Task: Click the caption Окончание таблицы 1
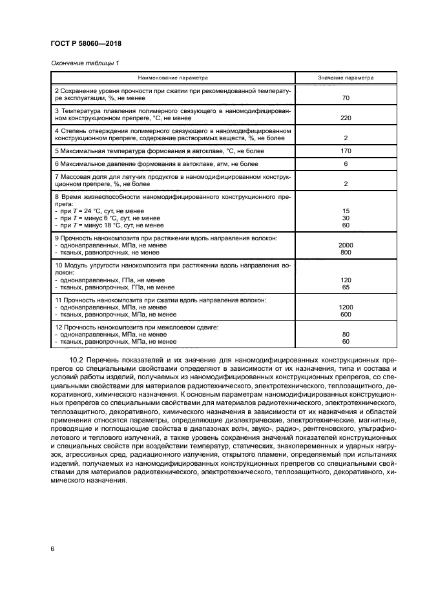[x=84, y=63]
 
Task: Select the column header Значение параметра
[x=346, y=77]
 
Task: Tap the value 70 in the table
[x=346, y=98]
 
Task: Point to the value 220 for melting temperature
[x=346, y=118]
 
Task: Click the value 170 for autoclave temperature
[x=346, y=151]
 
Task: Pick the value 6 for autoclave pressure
[x=346, y=164]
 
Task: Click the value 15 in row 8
[x=346, y=211]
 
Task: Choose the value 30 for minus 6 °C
[x=346, y=218]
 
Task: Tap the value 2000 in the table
[x=346, y=245]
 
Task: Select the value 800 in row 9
[x=346, y=252]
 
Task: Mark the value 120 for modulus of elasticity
[x=346, y=280]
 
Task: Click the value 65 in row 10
[x=346, y=287]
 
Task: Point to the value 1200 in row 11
[x=346, y=307]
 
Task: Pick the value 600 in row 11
[x=346, y=315]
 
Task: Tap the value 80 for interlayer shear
[x=346, y=335]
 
